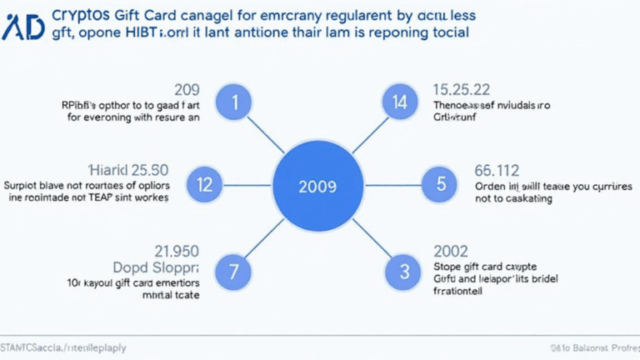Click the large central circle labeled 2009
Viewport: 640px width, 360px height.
point(318,184)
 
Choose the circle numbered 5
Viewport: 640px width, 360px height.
point(438,184)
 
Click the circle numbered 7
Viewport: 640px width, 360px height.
point(235,271)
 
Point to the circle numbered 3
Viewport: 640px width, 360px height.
point(404,271)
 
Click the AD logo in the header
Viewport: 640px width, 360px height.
point(22,26)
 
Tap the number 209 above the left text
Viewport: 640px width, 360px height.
point(186,89)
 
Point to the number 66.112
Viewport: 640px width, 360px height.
point(497,169)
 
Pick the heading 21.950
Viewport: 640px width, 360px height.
point(177,250)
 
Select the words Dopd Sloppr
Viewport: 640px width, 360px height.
point(158,267)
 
